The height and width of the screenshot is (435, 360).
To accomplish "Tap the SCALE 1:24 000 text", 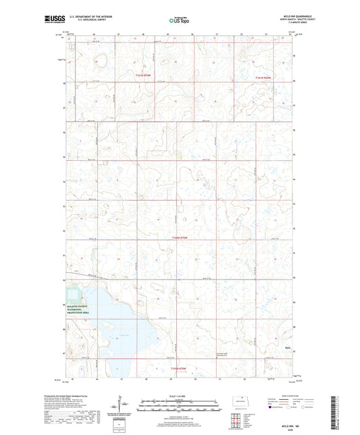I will pos(180,397).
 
